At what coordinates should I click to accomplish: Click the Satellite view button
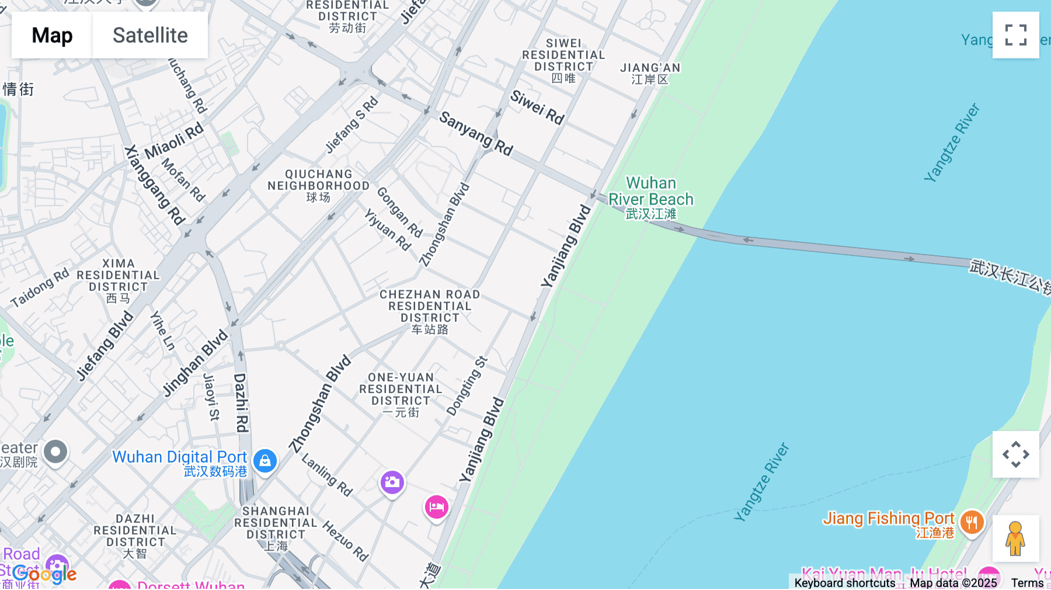(150, 35)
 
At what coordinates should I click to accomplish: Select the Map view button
(52, 35)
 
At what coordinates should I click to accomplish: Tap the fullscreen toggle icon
(1015, 35)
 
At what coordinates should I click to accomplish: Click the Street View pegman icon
(1015, 538)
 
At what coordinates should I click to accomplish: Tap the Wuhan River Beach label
(650, 198)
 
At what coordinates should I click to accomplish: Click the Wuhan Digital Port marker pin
(265, 461)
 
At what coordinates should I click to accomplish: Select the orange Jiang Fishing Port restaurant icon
(972, 522)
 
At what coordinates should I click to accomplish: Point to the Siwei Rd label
(537, 107)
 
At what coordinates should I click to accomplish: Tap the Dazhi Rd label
(241, 402)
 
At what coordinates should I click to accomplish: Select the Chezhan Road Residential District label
(430, 311)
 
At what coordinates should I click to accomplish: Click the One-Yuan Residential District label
(401, 394)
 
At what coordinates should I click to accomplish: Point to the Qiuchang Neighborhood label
(318, 185)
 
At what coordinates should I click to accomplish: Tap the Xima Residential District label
(118, 280)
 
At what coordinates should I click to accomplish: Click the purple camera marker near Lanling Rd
(392, 483)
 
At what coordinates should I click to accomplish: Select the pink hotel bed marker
(436, 507)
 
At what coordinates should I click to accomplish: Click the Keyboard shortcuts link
(844, 583)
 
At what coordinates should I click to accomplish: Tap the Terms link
(1027, 583)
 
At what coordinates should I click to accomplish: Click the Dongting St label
(467, 386)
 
